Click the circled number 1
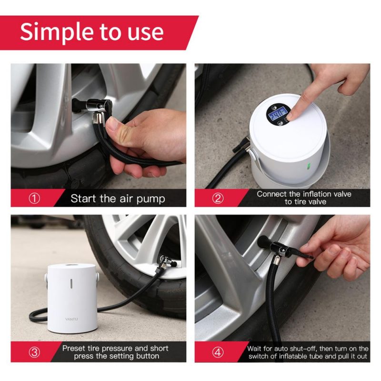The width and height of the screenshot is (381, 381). pyautogui.click(x=34, y=199)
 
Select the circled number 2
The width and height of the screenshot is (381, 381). pyautogui.click(x=218, y=198)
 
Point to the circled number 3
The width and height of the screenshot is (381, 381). pyautogui.click(x=34, y=352)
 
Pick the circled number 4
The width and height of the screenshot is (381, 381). pyautogui.click(x=218, y=352)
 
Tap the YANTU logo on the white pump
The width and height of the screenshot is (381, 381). pyautogui.click(x=71, y=319)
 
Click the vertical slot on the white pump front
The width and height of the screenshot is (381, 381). pyautogui.click(x=71, y=284)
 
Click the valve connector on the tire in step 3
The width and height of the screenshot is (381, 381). pyautogui.click(x=165, y=263)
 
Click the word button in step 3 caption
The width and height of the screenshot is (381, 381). pyautogui.click(x=148, y=356)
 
